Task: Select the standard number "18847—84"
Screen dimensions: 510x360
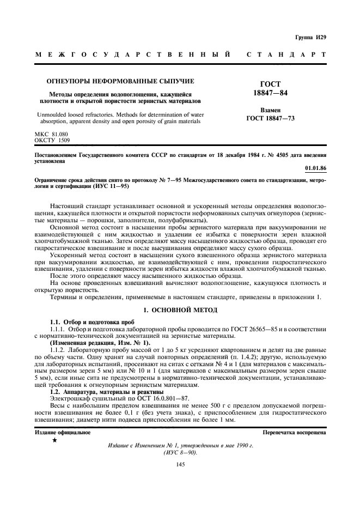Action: (271, 93)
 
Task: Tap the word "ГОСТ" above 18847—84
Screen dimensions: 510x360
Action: (271, 84)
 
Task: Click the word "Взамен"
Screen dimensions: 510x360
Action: (271, 110)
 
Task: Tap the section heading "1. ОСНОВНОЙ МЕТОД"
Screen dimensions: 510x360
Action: (180, 310)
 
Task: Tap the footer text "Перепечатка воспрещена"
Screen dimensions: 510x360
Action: (295, 432)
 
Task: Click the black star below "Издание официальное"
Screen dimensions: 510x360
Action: (54, 440)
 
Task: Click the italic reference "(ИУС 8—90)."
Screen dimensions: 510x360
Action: (180, 452)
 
